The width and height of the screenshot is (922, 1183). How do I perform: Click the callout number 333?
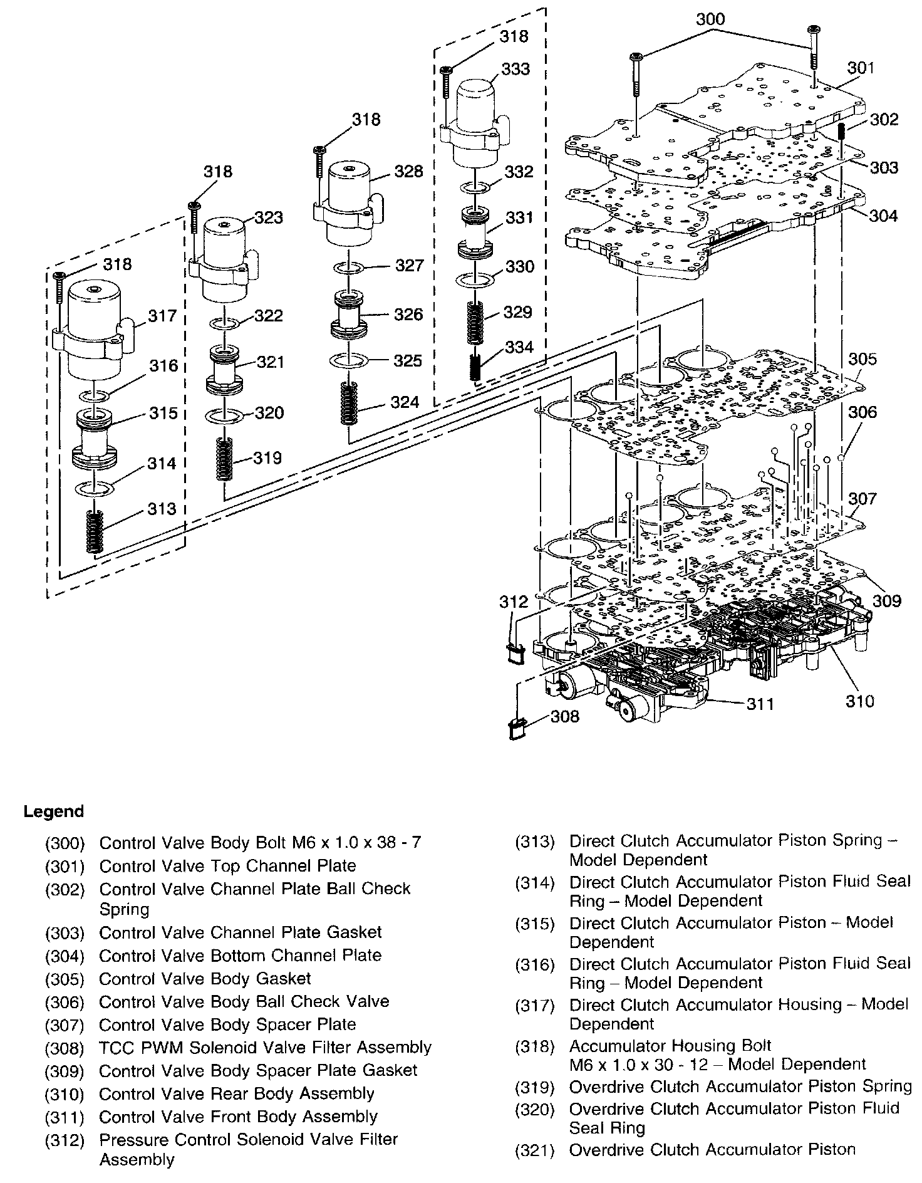point(515,69)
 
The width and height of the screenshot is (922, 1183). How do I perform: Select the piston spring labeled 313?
point(94,531)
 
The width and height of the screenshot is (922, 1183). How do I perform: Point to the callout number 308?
point(565,716)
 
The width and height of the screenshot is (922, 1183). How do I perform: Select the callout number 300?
point(710,19)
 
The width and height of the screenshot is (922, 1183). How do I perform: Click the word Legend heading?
point(53,812)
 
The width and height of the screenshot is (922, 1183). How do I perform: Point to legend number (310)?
point(65,1095)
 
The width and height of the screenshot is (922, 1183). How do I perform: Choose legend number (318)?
point(535,1046)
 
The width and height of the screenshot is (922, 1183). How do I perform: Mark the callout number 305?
point(862,359)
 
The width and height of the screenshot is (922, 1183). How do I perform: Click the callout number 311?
point(760,704)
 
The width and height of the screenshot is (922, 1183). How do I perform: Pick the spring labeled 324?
point(347,404)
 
